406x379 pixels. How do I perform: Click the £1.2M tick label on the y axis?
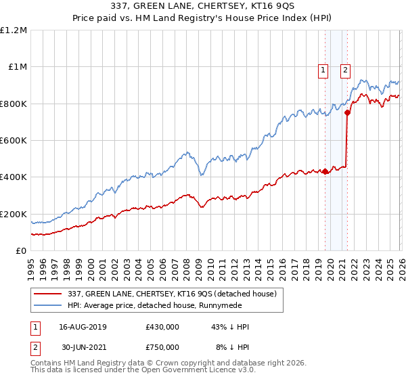coord(14,30)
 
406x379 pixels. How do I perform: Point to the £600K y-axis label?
coord(14,141)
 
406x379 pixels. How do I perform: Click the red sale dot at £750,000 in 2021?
coord(347,113)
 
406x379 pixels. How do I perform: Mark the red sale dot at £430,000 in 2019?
coord(325,172)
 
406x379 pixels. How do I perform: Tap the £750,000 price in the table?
coord(162,347)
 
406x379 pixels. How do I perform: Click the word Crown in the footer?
coord(178,363)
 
